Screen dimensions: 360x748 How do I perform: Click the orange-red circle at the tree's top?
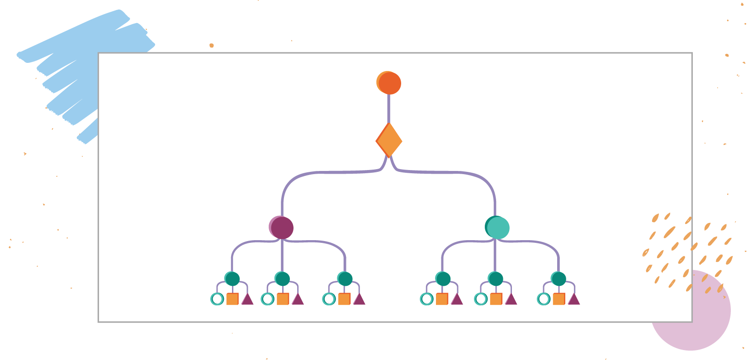point(389,83)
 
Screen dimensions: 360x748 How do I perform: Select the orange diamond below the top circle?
point(389,140)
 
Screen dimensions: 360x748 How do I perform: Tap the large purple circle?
point(281,227)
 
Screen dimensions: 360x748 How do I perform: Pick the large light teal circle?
point(497,227)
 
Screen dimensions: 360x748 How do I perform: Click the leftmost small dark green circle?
point(232,279)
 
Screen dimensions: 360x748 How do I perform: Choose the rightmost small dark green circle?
point(559,279)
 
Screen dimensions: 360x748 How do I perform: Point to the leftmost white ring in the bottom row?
point(217,299)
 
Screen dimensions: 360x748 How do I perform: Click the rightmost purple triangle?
point(574,299)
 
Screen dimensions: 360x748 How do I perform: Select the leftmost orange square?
point(232,299)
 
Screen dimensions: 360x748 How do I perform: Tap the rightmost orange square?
point(559,299)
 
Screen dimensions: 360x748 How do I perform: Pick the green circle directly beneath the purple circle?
point(282,279)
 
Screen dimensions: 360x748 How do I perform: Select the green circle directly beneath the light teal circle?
point(496,279)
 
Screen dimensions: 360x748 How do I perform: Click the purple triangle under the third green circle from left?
point(359,299)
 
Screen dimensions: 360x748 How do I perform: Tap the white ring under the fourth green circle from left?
point(426,299)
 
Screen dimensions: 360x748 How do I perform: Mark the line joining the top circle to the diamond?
point(388,109)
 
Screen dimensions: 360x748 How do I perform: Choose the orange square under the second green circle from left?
point(283,299)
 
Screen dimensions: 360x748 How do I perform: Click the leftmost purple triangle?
point(247,299)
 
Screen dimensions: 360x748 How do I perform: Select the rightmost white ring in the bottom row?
point(544,299)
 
